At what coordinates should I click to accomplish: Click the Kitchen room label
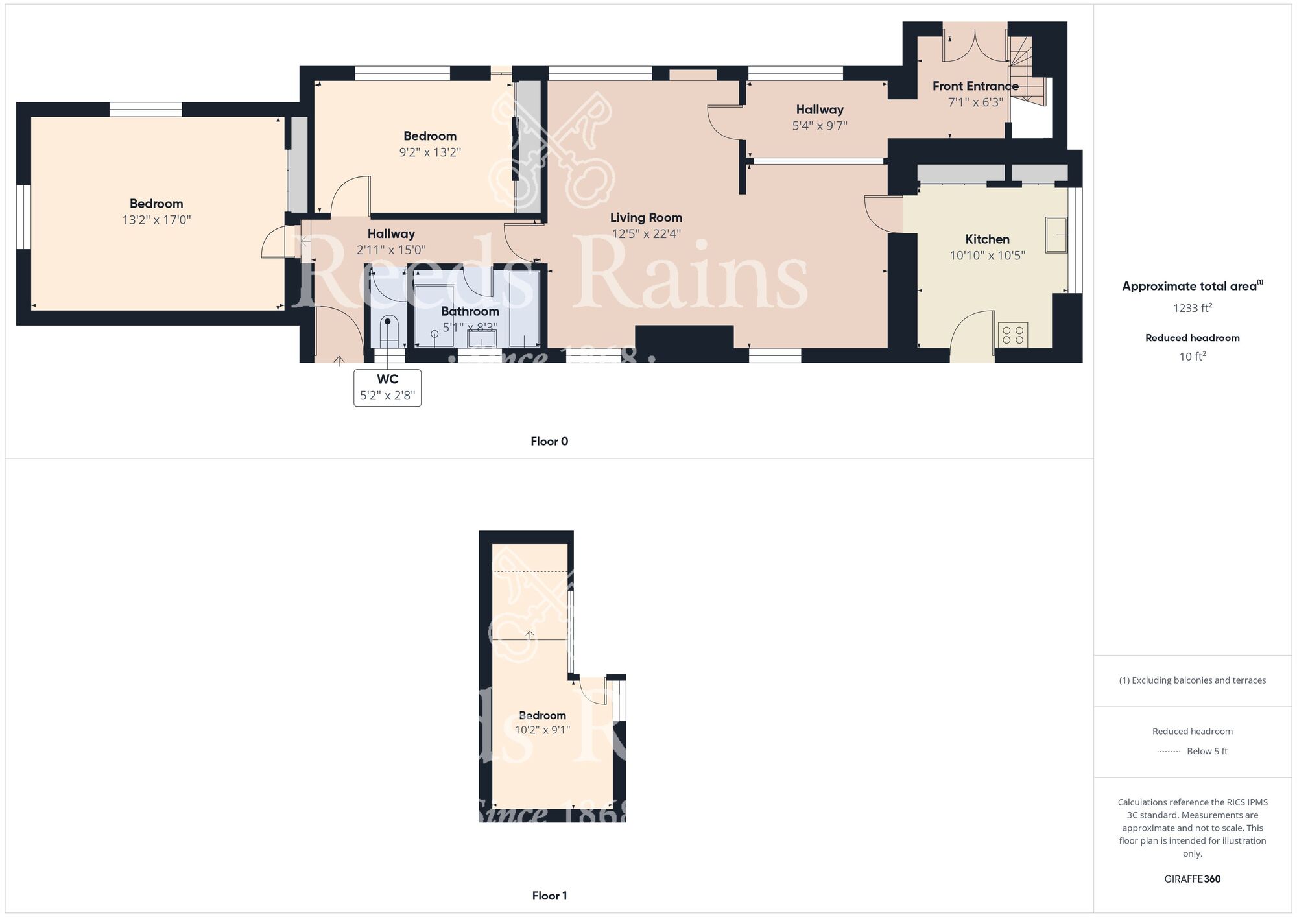point(987,239)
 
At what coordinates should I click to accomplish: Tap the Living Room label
point(646,218)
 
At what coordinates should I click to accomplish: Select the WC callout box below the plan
point(387,388)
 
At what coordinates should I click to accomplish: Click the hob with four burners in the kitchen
point(1012,335)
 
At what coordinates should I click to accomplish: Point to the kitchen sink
point(1056,235)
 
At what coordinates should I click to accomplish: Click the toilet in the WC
point(388,330)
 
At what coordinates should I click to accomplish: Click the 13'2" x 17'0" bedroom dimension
point(156,220)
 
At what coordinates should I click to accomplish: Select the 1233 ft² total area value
point(1192,308)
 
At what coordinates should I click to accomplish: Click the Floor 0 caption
point(549,442)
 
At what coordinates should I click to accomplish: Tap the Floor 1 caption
point(549,896)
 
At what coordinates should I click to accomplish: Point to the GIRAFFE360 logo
point(1192,879)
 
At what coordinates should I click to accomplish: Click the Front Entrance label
point(975,86)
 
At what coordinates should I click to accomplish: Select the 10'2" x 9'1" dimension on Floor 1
point(542,730)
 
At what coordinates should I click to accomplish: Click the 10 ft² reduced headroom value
point(1192,356)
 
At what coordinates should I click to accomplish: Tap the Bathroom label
point(470,311)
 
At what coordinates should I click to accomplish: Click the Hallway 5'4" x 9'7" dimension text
point(820,126)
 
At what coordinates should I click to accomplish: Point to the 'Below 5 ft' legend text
point(1207,751)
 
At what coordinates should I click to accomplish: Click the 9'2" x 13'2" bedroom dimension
point(430,152)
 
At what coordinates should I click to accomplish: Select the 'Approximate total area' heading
point(1189,286)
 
